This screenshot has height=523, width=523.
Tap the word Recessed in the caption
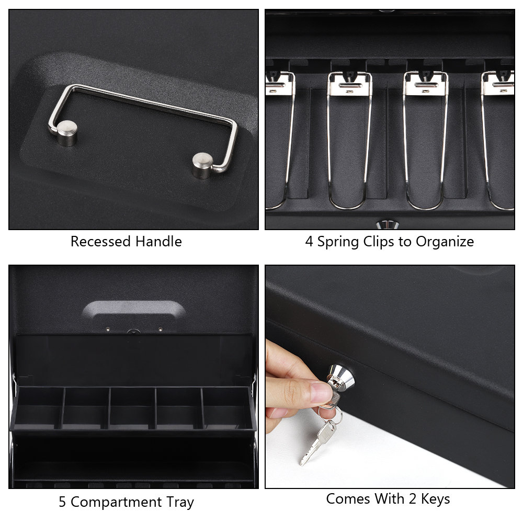click(100, 242)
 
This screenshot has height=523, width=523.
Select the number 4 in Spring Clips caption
click(309, 242)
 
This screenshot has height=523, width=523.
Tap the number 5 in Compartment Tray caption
click(62, 503)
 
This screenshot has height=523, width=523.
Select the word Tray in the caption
click(178, 503)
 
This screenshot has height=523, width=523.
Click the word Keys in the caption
click(434, 499)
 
